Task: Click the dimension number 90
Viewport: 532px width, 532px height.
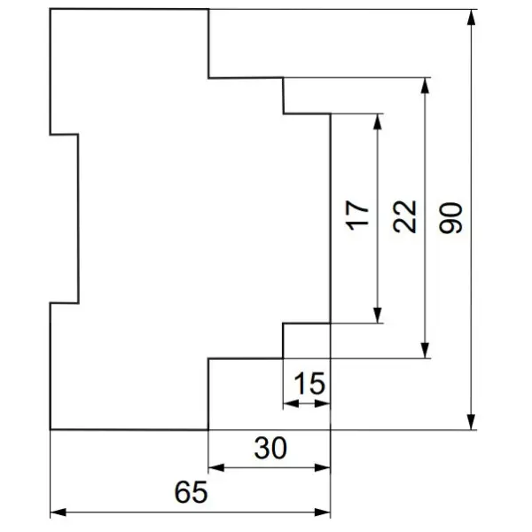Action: (450, 218)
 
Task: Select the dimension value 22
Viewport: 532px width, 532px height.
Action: (404, 216)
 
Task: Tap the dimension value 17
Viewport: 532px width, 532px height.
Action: (356, 215)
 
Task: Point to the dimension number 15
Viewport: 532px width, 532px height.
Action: (309, 383)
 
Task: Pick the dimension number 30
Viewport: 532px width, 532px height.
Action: (270, 448)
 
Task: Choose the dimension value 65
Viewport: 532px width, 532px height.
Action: (191, 492)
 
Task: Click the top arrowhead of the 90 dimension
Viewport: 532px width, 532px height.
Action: (471, 18)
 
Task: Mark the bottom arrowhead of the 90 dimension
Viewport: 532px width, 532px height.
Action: (471, 422)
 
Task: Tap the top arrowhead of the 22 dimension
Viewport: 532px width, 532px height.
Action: (425, 86)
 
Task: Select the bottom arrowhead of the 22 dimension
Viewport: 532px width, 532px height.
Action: (425, 350)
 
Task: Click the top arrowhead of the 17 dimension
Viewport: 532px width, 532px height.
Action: (378, 121)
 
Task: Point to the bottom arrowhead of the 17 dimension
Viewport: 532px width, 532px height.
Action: (378, 315)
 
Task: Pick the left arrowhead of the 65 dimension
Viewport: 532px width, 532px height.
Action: (59, 512)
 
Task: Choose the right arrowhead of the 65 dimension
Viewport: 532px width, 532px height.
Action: (323, 512)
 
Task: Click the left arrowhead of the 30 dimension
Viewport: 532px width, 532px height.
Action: (216, 468)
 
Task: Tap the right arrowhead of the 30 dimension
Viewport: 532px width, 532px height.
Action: (323, 468)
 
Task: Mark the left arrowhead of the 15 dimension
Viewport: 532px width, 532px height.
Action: (291, 403)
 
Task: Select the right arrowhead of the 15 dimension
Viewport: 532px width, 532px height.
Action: (323, 403)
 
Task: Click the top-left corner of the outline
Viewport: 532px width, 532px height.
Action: (51, 9)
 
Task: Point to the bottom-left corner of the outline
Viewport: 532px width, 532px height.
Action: (51, 429)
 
